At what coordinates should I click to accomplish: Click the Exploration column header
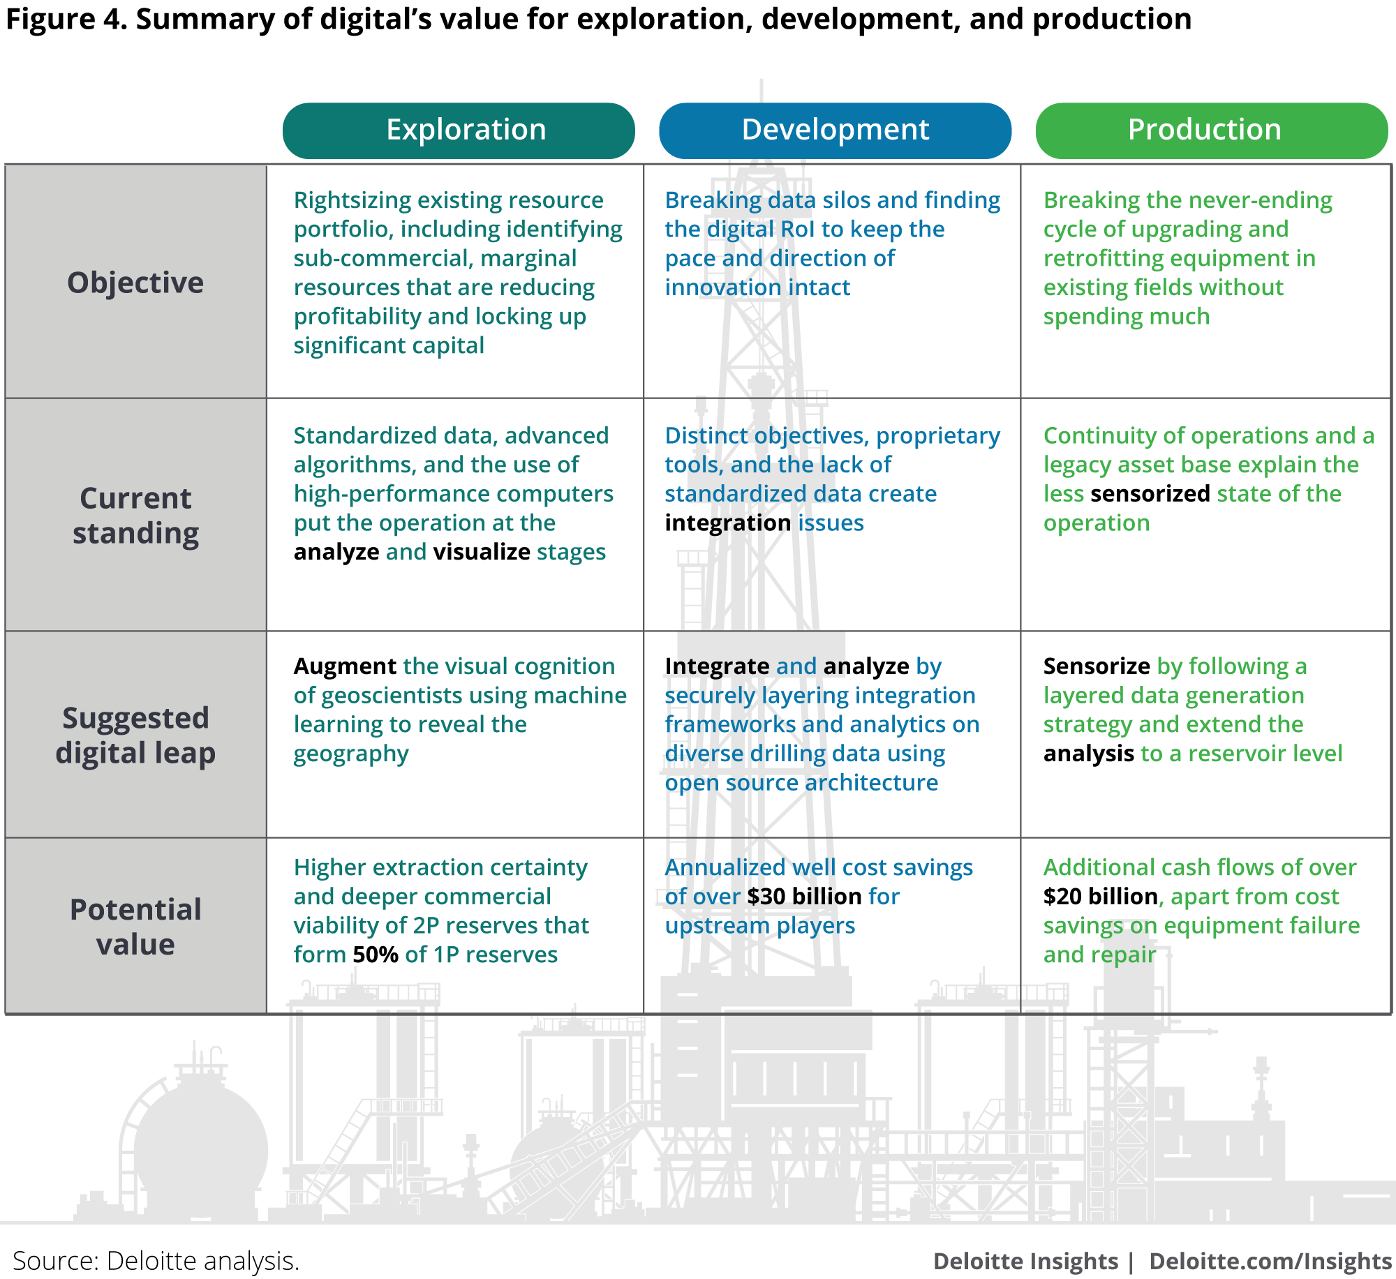466,130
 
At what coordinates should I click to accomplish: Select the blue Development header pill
835,130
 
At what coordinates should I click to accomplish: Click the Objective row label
135,283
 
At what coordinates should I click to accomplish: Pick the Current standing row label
135,516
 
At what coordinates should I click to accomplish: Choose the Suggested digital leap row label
135,735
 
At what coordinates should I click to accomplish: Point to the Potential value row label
135,927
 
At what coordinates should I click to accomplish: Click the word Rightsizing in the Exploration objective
352,201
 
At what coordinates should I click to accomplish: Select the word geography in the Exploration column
351,754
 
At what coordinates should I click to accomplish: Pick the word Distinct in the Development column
706,435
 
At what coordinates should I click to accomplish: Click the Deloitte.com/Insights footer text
1270,1262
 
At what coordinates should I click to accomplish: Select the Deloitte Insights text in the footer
1025,1262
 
